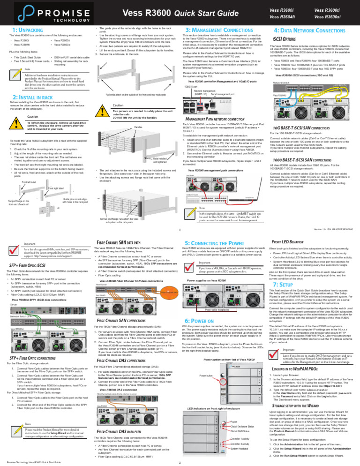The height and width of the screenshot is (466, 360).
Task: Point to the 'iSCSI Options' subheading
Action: [x=286, y=38]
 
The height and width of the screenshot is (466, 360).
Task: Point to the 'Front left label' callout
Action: [x=16, y=169]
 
